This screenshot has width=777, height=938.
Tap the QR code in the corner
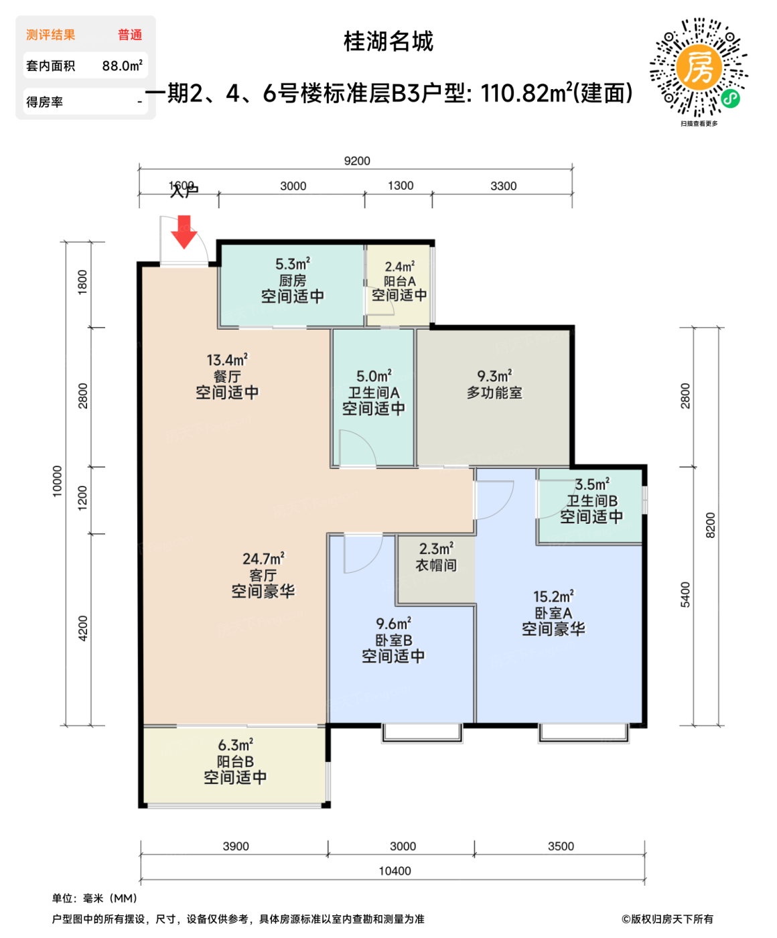699,68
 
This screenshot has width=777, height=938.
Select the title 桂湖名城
388,42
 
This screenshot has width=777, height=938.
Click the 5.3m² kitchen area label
293,264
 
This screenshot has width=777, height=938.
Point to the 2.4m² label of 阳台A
399,267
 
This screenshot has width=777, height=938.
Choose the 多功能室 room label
494,393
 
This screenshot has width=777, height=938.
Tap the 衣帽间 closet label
436,565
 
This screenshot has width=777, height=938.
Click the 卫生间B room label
592,500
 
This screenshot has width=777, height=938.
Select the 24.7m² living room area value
263,559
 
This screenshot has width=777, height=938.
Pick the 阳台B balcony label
235,762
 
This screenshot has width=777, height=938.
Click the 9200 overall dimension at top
357,161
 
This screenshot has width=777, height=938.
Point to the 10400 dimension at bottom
395,871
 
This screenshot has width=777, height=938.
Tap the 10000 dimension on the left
58,481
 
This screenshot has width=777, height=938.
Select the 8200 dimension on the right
711,525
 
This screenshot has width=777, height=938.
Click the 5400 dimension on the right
685,595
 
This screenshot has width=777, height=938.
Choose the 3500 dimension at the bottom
561,846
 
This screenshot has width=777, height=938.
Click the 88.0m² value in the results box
122,66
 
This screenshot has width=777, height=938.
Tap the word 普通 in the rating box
130,35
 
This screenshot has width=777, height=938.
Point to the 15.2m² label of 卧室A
553,596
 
